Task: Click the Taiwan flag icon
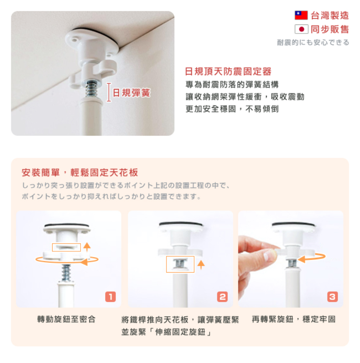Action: pyautogui.click(x=301, y=15)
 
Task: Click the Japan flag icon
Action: pyautogui.click(x=301, y=29)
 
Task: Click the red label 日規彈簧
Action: pyautogui.click(x=131, y=93)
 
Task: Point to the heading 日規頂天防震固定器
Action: pyautogui.click(x=228, y=71)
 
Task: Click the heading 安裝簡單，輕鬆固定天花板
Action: pyautogui.click(x=80, y=172)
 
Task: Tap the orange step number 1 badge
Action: pyautogui.click(x=110, y=297)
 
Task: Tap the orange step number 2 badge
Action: pyautogui.click(x=222, y=297)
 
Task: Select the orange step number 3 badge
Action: pyautogui.click(x=332, y=297)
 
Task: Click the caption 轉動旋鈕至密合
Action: pyautogui.click(x=67, y=319)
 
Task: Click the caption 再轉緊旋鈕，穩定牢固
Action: pyautogui.click(x=293, y=319)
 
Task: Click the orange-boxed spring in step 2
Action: pyautogui.click(x=180, y=264)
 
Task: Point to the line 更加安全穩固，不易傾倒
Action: pyautogui.click(x=232, y=109)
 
